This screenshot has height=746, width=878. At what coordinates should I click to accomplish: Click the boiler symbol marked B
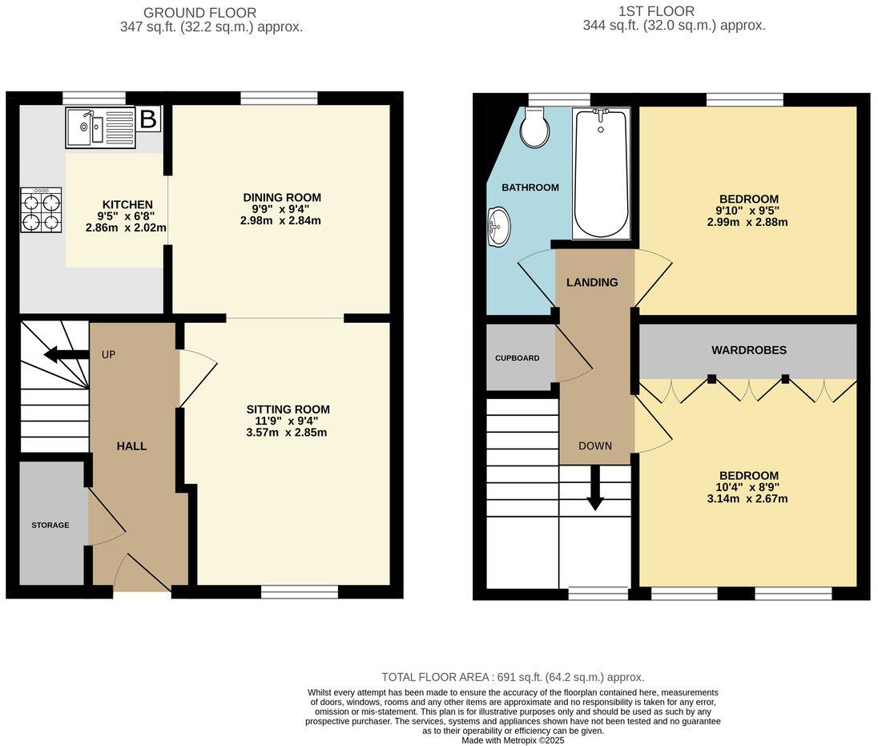click(x=148, y=119)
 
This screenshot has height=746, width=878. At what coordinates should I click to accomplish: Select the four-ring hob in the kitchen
click(x=42, y=209)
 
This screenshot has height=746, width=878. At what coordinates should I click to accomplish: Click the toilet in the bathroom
click(x=533, y=128)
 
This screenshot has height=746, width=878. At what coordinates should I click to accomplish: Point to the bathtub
click(x=602, y=173)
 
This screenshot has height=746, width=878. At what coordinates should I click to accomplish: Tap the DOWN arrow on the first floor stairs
click(x=594, y=488)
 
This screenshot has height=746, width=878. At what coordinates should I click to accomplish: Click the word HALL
click(x=132, y=446)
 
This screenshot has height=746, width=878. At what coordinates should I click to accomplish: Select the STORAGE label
click(x=50, y=526)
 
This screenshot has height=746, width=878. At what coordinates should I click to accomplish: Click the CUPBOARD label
click(x=517, y=358)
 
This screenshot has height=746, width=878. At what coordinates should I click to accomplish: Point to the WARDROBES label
click(x=749, y=350)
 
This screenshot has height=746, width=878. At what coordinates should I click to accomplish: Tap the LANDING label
click(x=592, y=282)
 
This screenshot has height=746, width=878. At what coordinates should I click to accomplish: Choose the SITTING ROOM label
click(x=288, y=409)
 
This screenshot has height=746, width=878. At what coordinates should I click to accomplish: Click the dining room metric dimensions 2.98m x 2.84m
click(x=280, y=220)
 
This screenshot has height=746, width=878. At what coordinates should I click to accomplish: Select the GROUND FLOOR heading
click(x=200, y=13)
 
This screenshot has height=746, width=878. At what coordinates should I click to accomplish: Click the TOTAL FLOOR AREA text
click(x=513, y=677)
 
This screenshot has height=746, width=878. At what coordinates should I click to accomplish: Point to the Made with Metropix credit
click(x=513, y=741)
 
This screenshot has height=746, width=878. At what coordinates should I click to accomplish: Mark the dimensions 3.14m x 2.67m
click(x=748, y=498)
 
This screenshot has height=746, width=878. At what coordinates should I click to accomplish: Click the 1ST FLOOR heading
click(x=656, y=11)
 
